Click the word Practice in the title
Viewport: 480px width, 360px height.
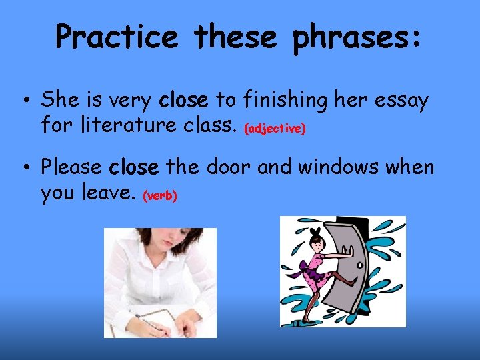click(117, 37)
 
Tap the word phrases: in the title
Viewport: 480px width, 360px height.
click(357, 37)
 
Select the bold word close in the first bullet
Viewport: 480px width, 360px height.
click(184, 100)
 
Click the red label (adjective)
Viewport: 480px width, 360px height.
click(275, 129)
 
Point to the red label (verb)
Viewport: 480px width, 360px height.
click(160, 197)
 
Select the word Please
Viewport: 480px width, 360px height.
click(72, 167)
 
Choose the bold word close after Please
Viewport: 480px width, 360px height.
click(134, 167)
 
